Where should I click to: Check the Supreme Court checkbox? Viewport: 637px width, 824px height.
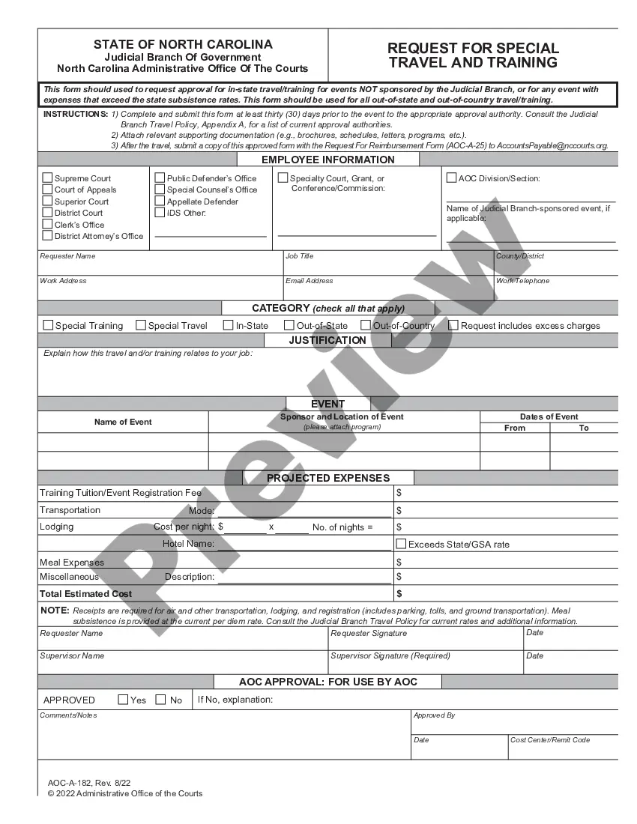coord(48,178)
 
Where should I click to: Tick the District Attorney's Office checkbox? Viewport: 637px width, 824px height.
coord(48,236)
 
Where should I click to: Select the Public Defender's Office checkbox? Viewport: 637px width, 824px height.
coord(160,178)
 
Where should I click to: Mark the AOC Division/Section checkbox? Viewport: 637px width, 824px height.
coord(451,178)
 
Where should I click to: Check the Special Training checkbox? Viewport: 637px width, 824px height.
coord(49,325)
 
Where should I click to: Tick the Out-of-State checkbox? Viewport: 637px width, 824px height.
coord(289,325)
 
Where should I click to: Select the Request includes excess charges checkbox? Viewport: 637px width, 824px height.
coord(453,325)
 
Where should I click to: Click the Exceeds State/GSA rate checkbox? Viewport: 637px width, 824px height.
coord(401,544)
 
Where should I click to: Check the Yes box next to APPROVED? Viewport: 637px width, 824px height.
coord(123,700)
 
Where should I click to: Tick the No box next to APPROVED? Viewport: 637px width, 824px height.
coord(160,700)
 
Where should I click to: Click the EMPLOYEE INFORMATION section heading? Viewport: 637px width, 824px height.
coord(327,160)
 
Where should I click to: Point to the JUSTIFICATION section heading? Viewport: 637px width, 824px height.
coord(327,340)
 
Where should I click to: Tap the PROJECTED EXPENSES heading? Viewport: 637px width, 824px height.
coord(328,478)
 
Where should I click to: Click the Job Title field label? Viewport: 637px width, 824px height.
coord(300,256)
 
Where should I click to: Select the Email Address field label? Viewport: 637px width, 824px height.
coord(309,281)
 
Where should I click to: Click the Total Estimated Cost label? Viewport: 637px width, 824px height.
coord(85,594)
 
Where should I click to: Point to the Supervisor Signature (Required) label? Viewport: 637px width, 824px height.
coord(390,655)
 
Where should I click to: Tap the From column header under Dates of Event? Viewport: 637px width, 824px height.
coord(515,428)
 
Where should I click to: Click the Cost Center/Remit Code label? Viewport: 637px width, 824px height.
coord(549,740)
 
